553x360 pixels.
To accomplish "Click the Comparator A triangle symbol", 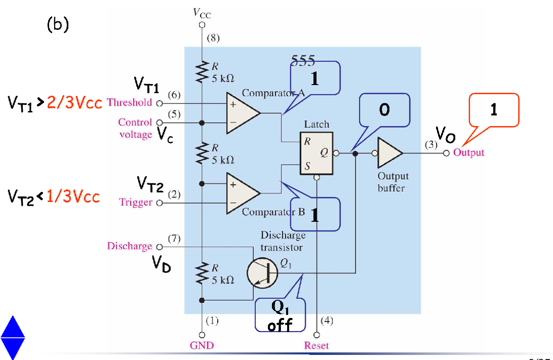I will click(242, 113).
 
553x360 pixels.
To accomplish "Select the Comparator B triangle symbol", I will click(242, 193).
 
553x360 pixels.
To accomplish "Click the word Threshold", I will click(130, 102).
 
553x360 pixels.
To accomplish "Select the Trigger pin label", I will click(136, 203).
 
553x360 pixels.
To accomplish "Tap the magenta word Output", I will click(468, 152).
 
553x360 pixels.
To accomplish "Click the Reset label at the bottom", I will click(317, 346).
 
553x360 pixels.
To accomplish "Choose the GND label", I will click(202, 346).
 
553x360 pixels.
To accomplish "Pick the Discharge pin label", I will click(130, 246).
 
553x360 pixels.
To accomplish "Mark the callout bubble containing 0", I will click(384, 109).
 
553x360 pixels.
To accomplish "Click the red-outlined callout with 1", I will click(494, 110).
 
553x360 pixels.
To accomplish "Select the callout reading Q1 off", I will click(280, 315).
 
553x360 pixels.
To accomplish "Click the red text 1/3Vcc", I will click(73, 196).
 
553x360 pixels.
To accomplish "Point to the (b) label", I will click(57, 24).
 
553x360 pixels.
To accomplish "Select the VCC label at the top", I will click(202, 13).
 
